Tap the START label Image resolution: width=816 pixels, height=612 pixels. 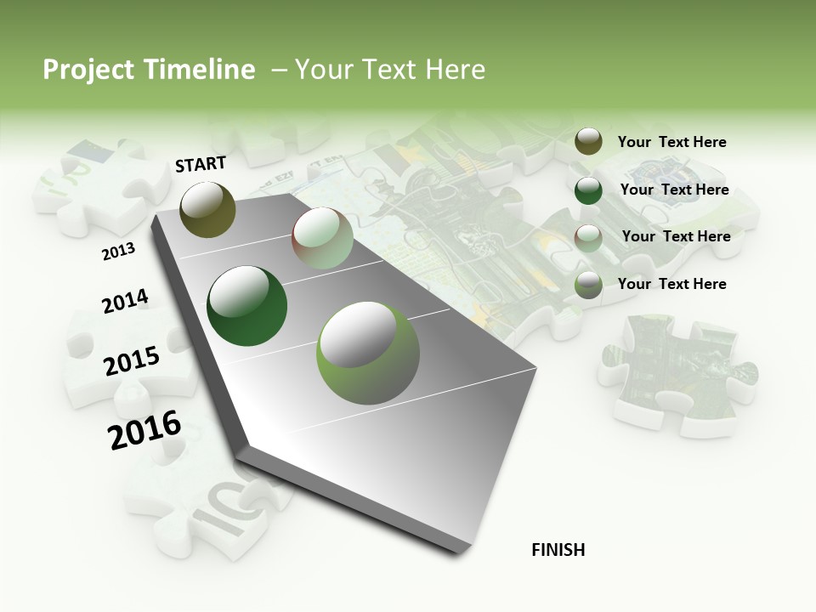click(x=201, y=164)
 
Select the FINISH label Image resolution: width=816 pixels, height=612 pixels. click(x=558, y=550)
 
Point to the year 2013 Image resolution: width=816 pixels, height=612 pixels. click(x=118, y=252)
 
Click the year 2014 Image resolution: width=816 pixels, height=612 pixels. click(x=125, y=301)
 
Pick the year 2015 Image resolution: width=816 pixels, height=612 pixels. click(x=132, y=361)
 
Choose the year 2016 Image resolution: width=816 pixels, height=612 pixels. click(x=144, y=430)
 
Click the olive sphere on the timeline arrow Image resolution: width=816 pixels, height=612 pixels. click(x=207, y=209)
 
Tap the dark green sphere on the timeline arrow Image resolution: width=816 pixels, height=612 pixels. click(x=246, y=306)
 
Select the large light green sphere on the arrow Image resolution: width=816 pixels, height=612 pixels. click(x=367, y=352)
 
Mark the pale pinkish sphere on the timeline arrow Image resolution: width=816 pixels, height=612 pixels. click(x=322, y=238)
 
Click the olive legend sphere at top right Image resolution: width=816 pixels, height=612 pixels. click(x=588, y=142)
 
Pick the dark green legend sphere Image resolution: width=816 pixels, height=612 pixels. click(x=588, y=190)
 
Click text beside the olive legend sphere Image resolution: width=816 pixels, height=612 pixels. click(x=671, y=143)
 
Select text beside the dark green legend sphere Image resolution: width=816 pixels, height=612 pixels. click(x=674, y=190)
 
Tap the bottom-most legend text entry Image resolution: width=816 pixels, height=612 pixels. click(x=671, y=284)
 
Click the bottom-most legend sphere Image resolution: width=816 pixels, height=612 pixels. click(x=588, y=286)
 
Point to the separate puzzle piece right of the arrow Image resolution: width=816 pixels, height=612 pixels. click(x=677, y=372)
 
